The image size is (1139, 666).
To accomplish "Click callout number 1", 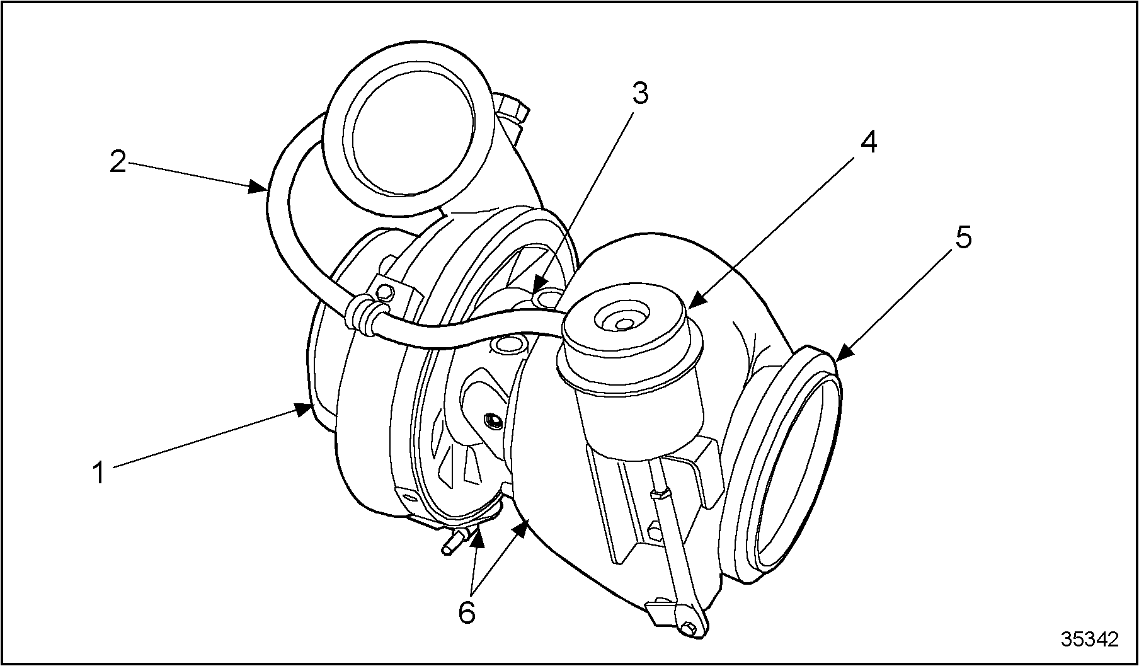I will click(x=98, y=473).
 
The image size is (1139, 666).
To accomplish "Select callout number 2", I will click(x=118, y=161).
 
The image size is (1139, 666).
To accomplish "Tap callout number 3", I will click(x=640, y=94).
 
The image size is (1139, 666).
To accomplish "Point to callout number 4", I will click(x=867, y=144).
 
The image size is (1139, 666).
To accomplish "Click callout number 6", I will click(x=467, y=612).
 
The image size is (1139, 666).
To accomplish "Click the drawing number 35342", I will click(x=1089, y=639).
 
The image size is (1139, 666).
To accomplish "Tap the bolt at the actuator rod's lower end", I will click(x=689, y=627).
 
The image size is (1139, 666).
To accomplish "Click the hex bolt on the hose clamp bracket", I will click(x=384, y=290).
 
